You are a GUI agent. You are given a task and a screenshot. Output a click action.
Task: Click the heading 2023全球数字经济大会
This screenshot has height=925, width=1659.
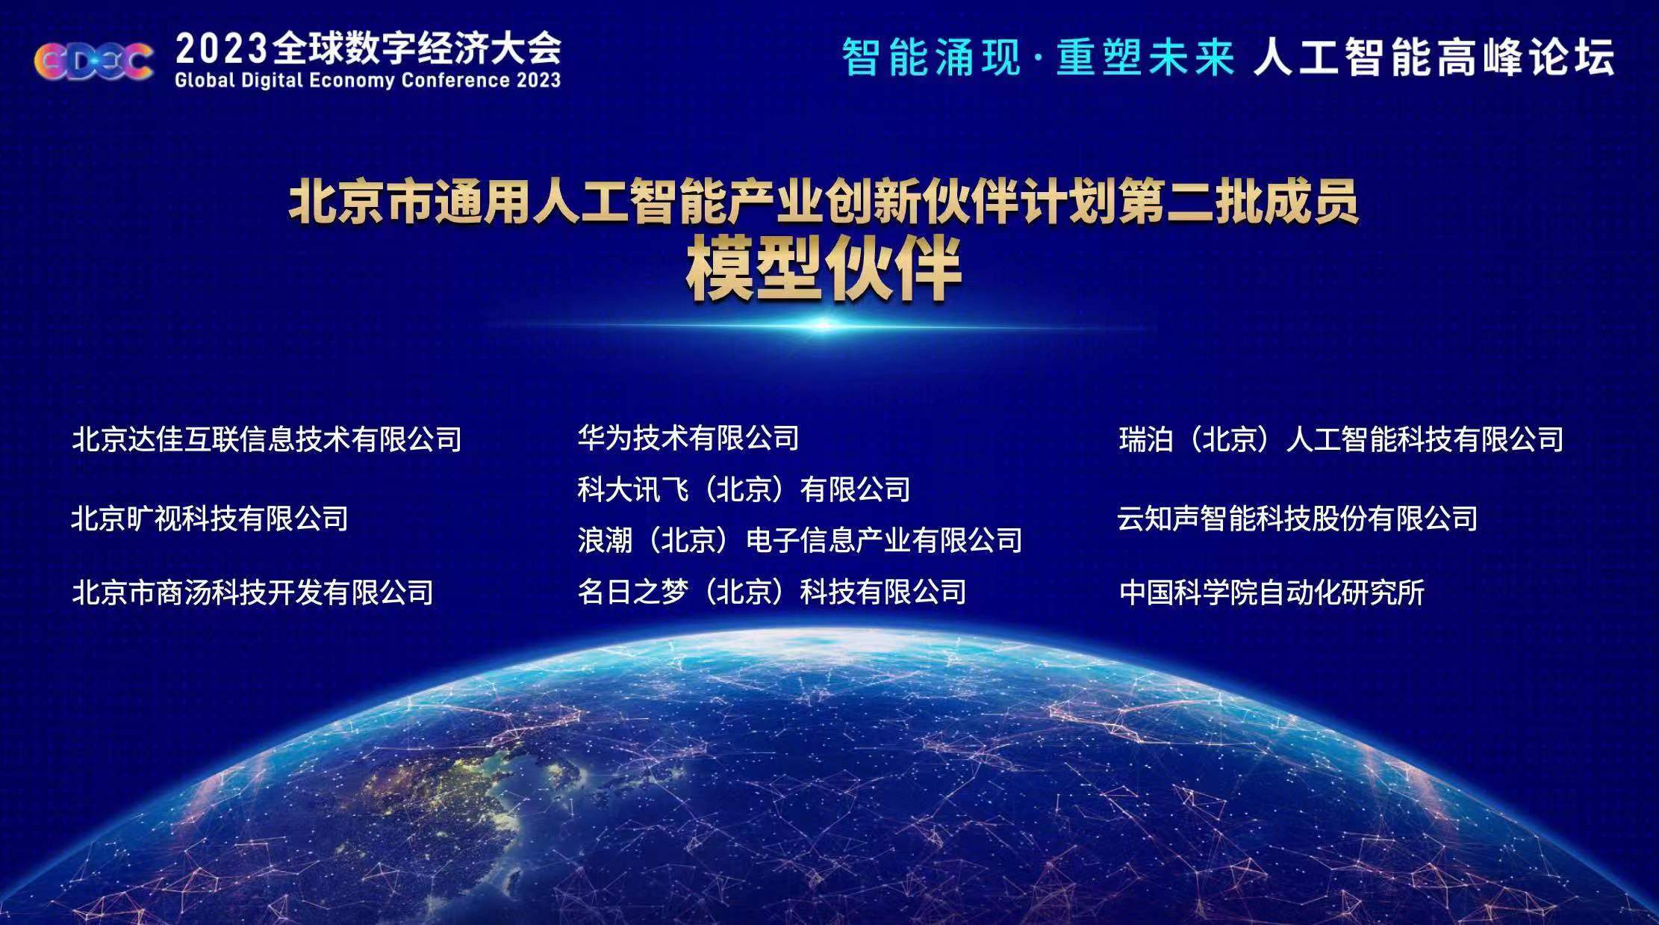pyautogui.click(x=368, y=49)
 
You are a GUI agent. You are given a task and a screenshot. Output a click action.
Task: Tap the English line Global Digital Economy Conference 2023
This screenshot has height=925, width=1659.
pyautogui.click(x=367, y=81)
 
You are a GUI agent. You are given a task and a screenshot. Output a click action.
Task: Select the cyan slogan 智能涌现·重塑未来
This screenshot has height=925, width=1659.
pyautogui.click(x=1039, y=57)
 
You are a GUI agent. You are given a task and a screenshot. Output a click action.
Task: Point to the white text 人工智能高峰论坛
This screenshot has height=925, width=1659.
pyautogui.click(x=1434, y=57)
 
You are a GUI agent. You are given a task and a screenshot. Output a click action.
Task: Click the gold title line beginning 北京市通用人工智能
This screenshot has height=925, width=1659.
pyautogui.click(x=824, y=202)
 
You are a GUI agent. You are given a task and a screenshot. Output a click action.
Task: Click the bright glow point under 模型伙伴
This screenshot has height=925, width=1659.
pyautogui.click(x=824, y=325)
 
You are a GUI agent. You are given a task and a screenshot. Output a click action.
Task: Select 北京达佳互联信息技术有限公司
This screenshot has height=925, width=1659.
pyautogui.click(x=267, y=439)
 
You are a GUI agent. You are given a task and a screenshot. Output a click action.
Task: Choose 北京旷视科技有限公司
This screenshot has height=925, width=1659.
pyautogui.click(x=210, y=518)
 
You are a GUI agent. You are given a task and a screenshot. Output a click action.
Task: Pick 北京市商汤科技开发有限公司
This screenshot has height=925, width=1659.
pyautogui.click(x=252, y=593)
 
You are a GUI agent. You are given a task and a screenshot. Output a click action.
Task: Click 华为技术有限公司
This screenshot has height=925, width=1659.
pyautogui.click(x=688, y=438)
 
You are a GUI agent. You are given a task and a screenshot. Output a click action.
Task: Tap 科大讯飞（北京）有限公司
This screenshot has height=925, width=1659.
pyautogui.click(x=744, y=489)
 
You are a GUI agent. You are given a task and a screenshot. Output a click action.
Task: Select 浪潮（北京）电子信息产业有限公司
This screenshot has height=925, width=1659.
pyautogui.click(x=800, y=540)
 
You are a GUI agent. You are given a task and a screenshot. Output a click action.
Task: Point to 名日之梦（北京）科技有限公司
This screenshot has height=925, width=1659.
pyautogui.click(x=772, y=592)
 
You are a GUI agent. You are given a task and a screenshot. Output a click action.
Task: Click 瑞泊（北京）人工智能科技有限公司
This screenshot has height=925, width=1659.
pyautogui.click(x=1341, y=439)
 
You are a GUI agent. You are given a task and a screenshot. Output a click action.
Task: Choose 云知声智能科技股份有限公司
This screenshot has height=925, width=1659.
pyautogui.click(x=1298, y=518)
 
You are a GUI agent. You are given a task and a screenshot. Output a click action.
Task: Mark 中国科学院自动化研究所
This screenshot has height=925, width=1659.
pyautogui.click(x=1272, y=593)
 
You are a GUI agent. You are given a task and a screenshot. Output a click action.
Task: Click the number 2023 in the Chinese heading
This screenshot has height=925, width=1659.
pyautogui.click(x=221, y=50)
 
